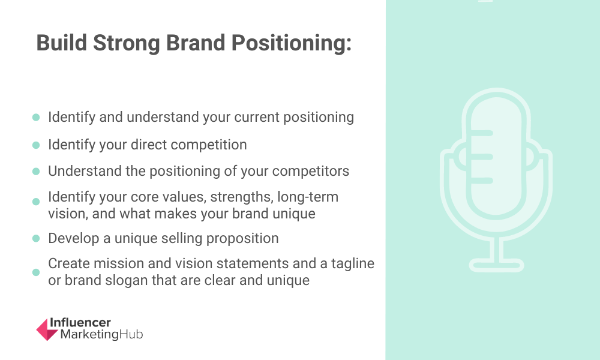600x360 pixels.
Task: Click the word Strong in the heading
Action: [x=126, y=43]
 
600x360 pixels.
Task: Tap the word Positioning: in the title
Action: [x=291, y=43]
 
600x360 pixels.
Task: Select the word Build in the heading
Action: [x=62, y=43]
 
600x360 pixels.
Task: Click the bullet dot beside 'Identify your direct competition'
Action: [x=36, y=145]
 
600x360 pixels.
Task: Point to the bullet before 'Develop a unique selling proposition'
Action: [x=36, y=238]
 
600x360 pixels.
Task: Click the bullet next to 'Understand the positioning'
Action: [x=36, y=171]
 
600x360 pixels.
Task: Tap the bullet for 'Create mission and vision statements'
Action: [x=36, y=272]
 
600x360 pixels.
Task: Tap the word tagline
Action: [x=353, y=264]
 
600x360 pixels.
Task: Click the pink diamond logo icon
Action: [x=47, y=329]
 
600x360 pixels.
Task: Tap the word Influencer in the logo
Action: [x=80, y=323]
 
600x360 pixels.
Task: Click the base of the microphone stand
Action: [x=496, y=265]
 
